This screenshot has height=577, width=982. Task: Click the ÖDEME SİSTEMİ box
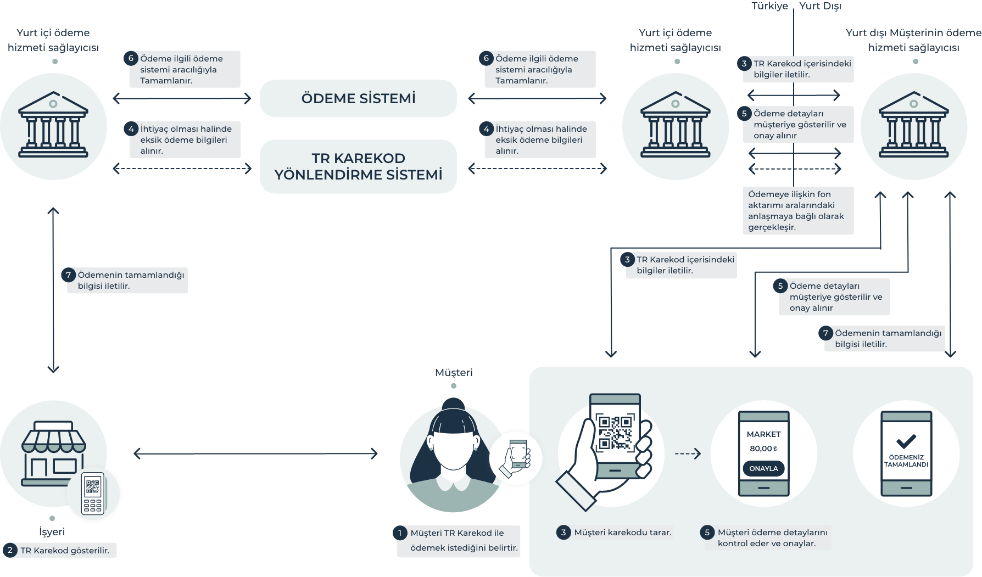tap(358, 98)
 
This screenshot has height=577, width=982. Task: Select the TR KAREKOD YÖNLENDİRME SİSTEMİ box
tap(358, 166)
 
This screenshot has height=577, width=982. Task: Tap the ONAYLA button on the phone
tap(763, 468)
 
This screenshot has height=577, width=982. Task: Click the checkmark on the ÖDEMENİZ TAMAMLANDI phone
tap(906, 441)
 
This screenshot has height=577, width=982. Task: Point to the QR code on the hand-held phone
tap(615, 433)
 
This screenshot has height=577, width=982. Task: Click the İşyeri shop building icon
tap(53, 453)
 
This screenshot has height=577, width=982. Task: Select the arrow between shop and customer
tap(256, 453)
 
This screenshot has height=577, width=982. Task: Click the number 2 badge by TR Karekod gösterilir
tap(10, 550)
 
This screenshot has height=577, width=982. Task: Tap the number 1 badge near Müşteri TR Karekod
tap(400, 533)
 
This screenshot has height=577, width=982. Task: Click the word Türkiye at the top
tap(769, 6)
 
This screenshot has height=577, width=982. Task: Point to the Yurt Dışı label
tap(820, 6)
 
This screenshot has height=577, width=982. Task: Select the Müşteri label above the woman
tap(454, 373)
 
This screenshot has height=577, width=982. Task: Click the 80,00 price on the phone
tap(763, 449)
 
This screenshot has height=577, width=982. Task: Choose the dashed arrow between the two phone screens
tap(688, 453)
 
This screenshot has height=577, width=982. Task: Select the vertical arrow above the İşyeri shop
tap(53, 291)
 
